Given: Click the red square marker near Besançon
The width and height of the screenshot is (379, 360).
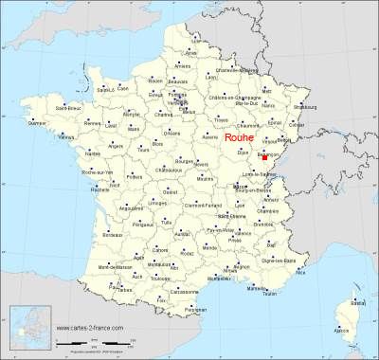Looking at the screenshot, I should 265,145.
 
